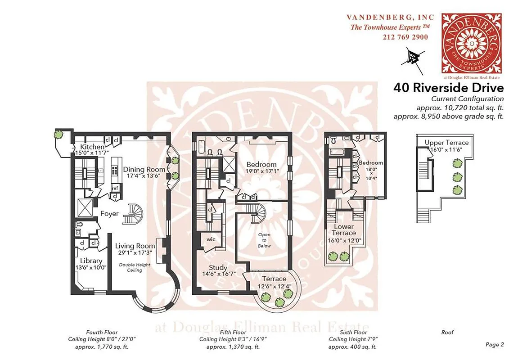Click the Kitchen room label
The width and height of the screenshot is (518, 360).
[x=92, y=147]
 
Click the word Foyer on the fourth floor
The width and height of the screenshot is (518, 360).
[x=109, y=214]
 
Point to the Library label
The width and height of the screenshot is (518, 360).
[x=91, y=261]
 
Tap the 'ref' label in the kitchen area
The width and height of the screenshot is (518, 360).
[x=115, y=188]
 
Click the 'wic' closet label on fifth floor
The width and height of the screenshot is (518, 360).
[x=211, y=239]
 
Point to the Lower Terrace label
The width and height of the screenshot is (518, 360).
[x=344, y=229]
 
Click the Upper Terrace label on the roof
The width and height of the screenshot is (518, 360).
[x=446, y=143]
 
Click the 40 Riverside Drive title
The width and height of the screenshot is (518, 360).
[x=448, y=87]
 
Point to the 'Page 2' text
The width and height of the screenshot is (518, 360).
[x=495, y=345]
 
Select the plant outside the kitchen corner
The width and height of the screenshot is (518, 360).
[x=59, y=134]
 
